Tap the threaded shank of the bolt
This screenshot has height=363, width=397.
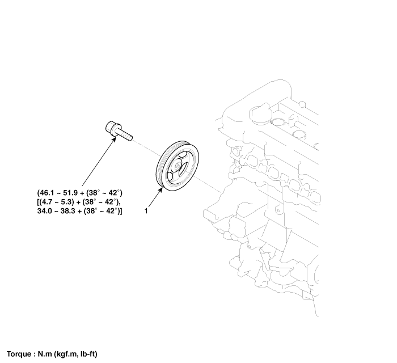pyautogui.click(x=125, y=134)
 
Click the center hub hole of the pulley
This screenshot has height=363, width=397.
pyautogui.click(x=177, y=167)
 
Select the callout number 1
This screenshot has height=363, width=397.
pyautogui.click(x=146, y=211)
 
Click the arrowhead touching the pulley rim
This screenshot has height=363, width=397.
pyautogui.click(x=160, y=191)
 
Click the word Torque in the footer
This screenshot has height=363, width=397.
pyautogui.click(x=19, y=354)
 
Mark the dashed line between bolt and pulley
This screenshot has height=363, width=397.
pyautogui.click(x=147, y=148)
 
